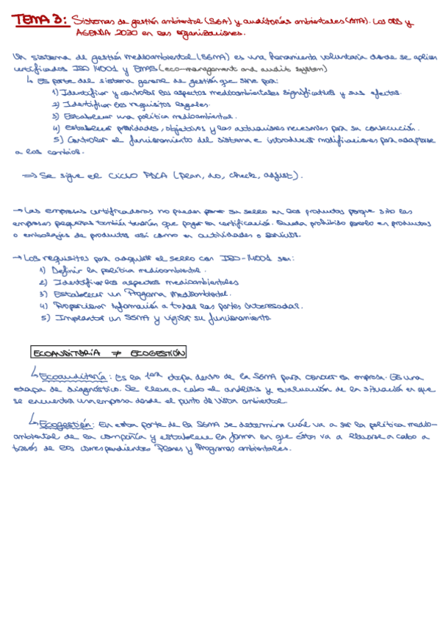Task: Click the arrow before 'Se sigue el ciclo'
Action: coord(29,177)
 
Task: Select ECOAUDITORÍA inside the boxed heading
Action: coord(67,353)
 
